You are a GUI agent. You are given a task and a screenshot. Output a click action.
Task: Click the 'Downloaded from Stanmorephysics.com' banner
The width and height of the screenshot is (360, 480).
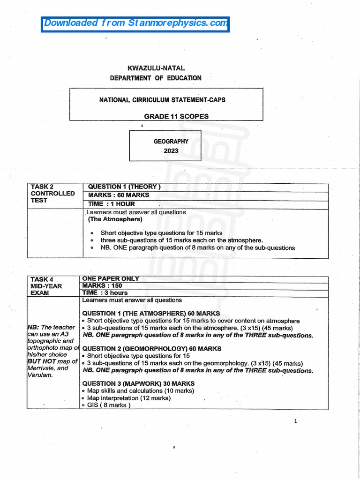pos(135,23)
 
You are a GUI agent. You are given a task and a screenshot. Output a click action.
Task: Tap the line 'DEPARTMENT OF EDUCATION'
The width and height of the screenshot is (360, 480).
pos(156,78)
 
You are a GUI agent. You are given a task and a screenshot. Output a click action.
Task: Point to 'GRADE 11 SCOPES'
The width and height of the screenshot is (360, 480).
pos(176,116)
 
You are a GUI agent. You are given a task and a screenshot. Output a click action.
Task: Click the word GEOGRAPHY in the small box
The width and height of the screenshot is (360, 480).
pos(171,141)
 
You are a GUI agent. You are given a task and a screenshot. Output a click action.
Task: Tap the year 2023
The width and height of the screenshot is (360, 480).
pos(171,151)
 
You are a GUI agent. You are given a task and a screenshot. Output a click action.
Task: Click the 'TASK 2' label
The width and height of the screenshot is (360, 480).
pos(42,187)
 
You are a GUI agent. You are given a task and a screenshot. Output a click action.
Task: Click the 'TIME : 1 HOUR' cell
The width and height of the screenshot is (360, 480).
pos(112,204)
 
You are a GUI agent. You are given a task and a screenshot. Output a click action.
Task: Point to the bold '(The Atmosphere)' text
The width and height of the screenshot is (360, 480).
pos(115,219)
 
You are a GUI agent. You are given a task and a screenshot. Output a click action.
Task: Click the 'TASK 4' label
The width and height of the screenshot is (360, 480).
pos(42,279)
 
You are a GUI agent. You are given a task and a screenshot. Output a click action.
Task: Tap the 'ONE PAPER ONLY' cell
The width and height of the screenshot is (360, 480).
pos(111,279)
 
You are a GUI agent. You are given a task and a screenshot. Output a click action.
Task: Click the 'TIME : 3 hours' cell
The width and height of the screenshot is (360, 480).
pos(105,292)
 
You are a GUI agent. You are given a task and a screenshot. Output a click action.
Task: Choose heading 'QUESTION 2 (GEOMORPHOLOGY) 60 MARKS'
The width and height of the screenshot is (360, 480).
pos(152,349)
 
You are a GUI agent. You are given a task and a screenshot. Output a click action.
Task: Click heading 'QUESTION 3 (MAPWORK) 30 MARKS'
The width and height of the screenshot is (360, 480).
pos(138,383)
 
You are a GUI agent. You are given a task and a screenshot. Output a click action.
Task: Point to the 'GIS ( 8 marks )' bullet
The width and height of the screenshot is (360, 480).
pos(108,405)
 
